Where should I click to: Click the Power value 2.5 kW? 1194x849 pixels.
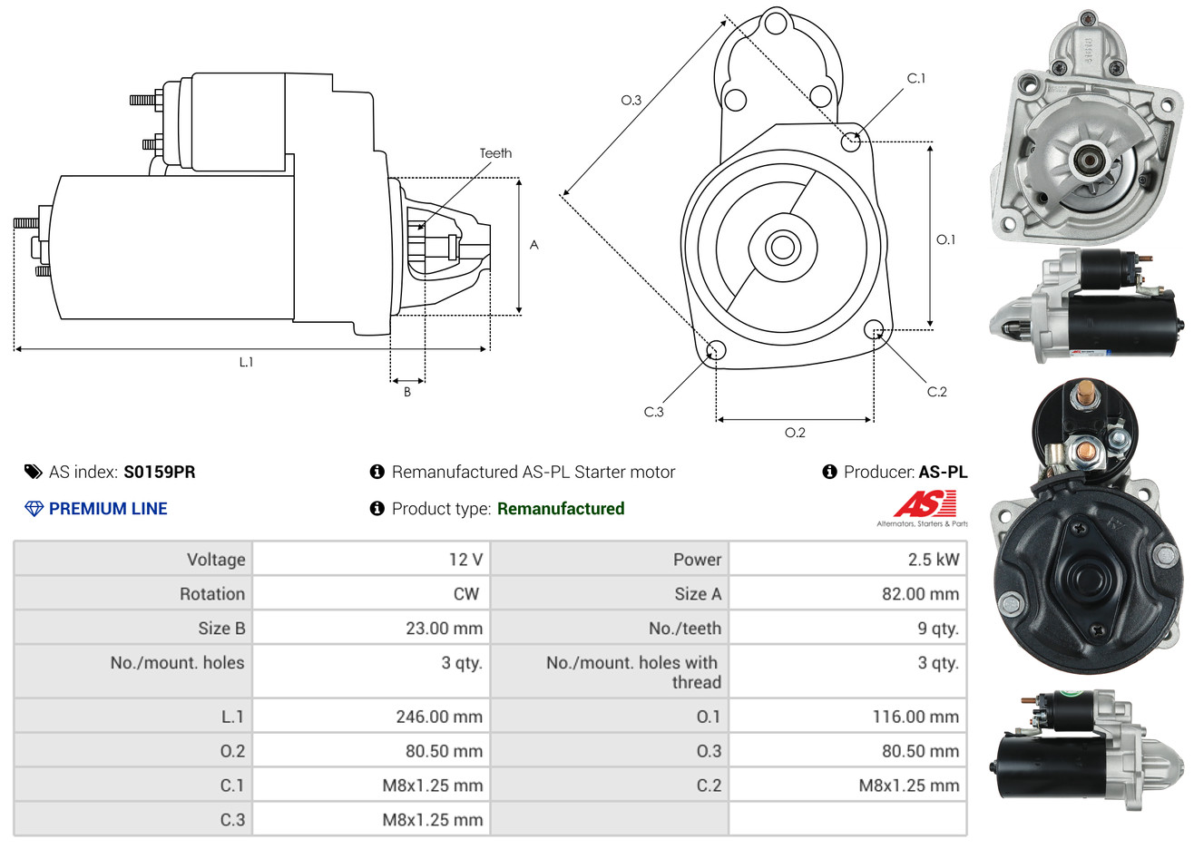coord(933,560)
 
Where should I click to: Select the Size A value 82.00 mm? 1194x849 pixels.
coord(920,594)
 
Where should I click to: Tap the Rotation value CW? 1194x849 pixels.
coord(465,594)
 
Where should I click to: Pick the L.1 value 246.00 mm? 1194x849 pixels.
coord(439,717)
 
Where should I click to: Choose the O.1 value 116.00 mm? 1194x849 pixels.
coord(915,717)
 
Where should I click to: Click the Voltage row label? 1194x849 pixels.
coord(216,560)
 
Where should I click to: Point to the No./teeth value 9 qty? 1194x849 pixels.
coord(937,629)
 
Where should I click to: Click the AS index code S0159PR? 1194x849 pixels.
coord(160,472)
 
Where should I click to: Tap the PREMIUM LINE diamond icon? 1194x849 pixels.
coord(34,509)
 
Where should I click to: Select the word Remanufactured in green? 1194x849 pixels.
coord(561,509)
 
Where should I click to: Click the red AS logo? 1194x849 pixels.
coord(925,503)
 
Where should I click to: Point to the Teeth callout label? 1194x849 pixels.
coord(495,153)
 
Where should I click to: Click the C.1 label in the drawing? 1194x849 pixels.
coord(916,79)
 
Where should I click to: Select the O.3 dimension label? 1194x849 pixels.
coord(631,100)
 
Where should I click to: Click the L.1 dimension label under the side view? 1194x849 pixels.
coord(246,362)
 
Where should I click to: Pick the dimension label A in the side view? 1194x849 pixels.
coord(534,245)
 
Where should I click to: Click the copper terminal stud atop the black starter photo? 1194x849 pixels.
coord(1081,395)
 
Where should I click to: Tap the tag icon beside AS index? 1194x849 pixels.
coord(34,472)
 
